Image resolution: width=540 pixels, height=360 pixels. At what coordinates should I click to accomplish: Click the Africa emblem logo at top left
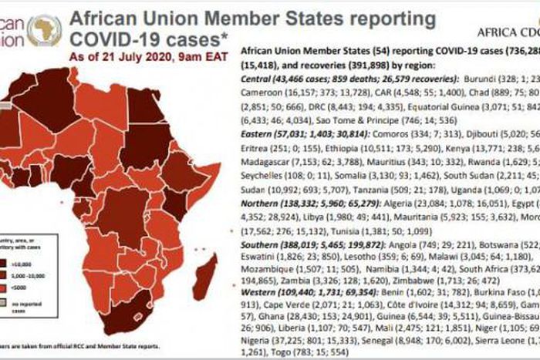coord(44,30)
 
